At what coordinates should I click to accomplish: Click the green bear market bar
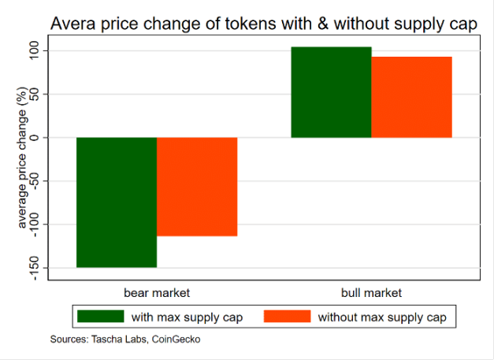click(116, 202)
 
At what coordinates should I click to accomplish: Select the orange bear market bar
click(197, 187)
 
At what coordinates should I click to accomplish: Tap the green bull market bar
click(331, 92)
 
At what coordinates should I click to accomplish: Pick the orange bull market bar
click(411, 97)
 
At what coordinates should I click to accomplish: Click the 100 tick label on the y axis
click(44, 50)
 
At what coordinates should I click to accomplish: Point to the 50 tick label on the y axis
click(44, 94)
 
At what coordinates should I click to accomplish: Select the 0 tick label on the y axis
click(44, 137)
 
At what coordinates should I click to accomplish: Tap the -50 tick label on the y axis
click(44, 180)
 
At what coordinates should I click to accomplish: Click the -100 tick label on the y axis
click(44, 225)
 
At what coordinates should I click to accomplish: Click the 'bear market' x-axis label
click(157, 292)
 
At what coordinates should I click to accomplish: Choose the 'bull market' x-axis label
click(371, 292)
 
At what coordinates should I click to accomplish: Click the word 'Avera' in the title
click(73, 24)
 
